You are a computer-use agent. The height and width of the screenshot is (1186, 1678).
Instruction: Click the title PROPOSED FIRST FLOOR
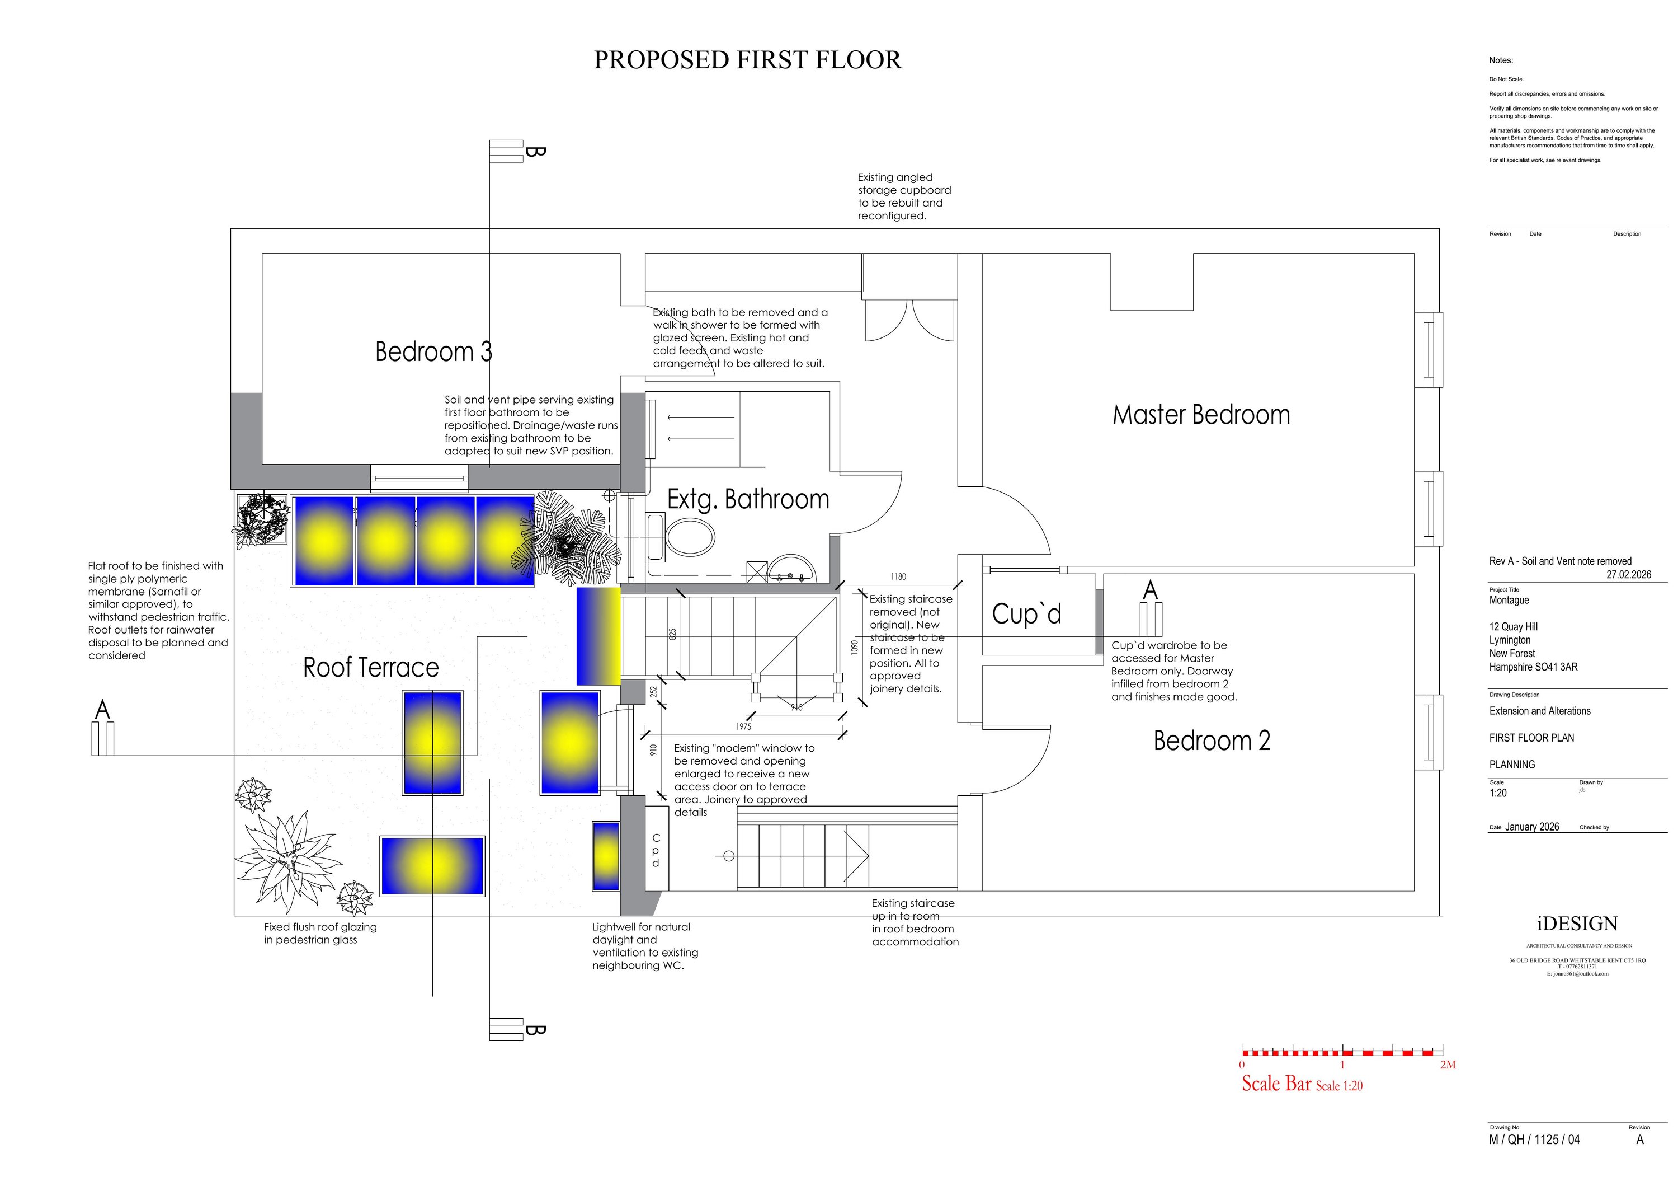click(747, 60)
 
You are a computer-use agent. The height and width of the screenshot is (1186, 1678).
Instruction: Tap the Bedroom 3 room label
click(433, 351)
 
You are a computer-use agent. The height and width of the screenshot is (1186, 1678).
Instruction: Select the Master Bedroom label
click(1201, 415)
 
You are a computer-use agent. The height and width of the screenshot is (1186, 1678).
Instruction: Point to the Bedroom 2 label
click(1212, 740)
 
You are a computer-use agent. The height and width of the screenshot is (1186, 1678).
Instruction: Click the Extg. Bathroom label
click(748, 499)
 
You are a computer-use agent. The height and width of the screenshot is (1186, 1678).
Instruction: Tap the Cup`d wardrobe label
click(1026, 614)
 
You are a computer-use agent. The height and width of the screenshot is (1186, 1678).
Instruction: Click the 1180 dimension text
click(898, 577)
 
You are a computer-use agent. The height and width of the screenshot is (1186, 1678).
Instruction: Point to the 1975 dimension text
click(743, 726)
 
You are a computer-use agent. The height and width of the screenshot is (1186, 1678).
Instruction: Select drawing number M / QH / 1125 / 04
click(1534, 1139)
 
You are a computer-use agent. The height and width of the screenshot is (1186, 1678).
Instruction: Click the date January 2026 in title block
click(1532, 827)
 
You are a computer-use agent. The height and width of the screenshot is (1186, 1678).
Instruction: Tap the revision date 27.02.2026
click(1628, 575)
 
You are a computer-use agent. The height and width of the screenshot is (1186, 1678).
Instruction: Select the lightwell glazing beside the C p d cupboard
click(606, 856)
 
